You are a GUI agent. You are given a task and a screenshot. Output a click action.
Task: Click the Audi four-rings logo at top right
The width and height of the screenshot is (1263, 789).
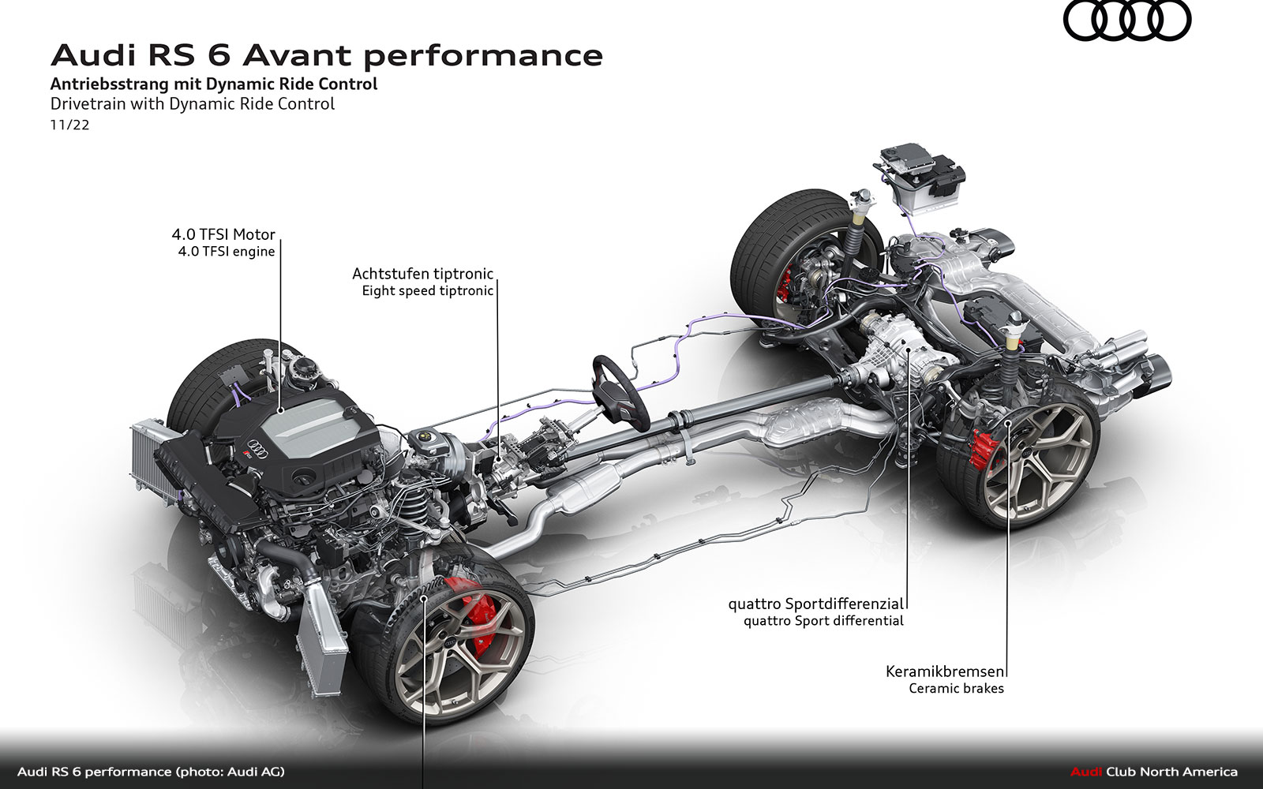(1126, 21)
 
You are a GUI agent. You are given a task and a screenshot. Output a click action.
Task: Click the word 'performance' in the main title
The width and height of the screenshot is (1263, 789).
(482, 55)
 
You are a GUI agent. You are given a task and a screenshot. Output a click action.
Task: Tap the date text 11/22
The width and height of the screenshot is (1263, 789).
(69, 125)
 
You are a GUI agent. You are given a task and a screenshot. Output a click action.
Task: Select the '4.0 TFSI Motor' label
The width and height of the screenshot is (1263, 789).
(223, 234)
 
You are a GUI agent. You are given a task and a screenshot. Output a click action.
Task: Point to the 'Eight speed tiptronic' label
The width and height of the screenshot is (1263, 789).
(427, 291)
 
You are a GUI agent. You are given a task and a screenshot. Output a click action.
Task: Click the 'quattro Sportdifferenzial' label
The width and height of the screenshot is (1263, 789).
(815, 604)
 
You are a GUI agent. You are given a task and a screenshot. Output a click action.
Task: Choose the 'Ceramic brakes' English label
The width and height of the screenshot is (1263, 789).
(956, 689)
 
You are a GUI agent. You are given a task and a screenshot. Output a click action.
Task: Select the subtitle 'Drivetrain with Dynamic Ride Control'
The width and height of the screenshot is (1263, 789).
(193, 104)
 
